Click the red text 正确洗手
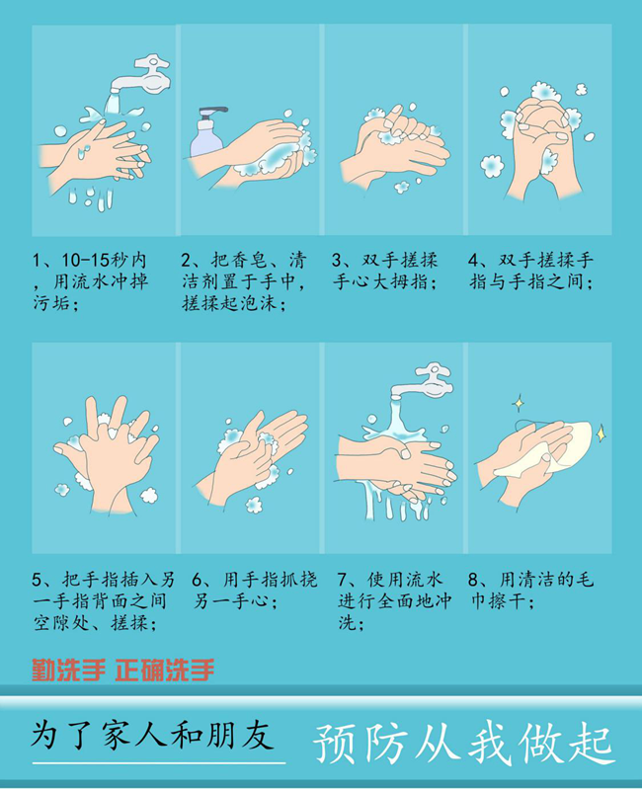click(164, 671)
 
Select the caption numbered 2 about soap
click(243, 282)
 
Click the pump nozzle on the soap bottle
click(211, 112)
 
